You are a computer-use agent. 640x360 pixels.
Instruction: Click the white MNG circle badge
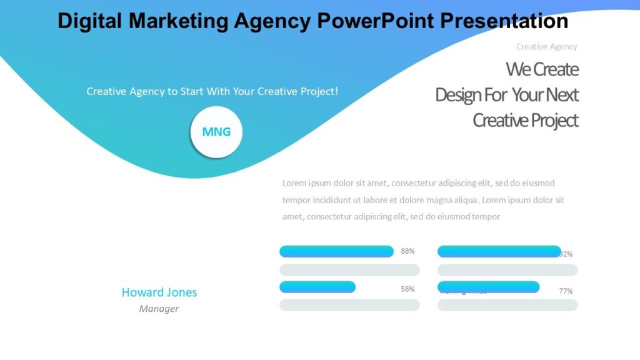[216, 132]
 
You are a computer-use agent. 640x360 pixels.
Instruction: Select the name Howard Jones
[159, 292]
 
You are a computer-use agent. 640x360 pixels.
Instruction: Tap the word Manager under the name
[159, 309]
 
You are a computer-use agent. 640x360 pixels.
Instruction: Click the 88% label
[407, 251]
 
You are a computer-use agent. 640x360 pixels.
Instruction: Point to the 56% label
[407, 289]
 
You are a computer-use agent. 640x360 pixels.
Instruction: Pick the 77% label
[566, 291]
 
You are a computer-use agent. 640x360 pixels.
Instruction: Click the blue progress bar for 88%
[336, 251]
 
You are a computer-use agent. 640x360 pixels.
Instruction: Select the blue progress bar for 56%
[317, 287]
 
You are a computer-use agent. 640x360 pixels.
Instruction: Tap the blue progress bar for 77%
[488, 287]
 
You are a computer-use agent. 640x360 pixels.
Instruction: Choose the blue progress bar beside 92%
[499, 251]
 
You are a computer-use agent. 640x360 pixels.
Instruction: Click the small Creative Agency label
[547, 46]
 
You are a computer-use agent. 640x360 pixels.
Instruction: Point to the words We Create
[542, 69]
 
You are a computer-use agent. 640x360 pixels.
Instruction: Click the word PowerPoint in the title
[376, 21]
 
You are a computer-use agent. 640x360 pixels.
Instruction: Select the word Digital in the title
[90, 21]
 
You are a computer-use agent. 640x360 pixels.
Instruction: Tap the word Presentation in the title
[504, 21]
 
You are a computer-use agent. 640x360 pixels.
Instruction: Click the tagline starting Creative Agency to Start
[212, 91]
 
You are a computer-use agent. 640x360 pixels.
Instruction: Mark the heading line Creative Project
[526, 120]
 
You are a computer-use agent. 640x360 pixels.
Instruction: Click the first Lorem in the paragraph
[294, 183]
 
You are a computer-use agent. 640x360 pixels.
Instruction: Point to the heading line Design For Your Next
[507, 95]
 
